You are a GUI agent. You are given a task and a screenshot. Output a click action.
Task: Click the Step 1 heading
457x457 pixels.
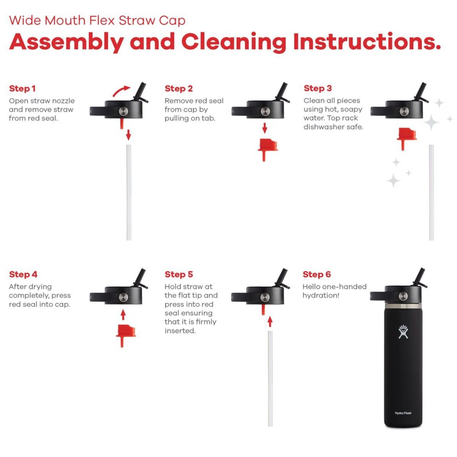[22, 88]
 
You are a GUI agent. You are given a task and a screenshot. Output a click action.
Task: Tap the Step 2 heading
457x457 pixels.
[179, 88]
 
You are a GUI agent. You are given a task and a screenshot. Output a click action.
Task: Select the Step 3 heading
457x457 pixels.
[318, 88]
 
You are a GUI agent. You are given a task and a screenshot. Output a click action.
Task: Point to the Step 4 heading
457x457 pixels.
[23, 274]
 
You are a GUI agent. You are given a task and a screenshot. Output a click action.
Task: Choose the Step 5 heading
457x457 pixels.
[179, 274]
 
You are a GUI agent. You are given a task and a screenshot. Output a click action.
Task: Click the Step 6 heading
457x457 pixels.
[316, 274]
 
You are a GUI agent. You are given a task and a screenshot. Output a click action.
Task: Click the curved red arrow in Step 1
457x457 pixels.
[121, 91]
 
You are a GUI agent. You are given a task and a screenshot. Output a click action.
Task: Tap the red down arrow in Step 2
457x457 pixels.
[265, 128]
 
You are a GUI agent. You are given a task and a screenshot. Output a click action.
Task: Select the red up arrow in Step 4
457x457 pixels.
[123, 315]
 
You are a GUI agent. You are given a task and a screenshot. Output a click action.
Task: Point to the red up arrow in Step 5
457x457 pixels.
[270, 321]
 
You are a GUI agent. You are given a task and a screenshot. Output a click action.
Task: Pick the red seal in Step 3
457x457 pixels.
[407, 139]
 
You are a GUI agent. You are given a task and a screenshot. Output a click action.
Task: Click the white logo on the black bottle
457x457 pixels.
[403, 332]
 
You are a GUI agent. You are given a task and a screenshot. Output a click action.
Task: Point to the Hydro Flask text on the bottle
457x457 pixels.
[403, 413]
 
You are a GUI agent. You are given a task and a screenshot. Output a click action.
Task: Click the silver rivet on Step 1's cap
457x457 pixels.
[123, 111]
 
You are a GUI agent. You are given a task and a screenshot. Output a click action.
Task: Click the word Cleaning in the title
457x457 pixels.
[234, 42]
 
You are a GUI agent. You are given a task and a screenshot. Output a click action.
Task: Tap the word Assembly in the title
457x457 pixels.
[66, 42]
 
